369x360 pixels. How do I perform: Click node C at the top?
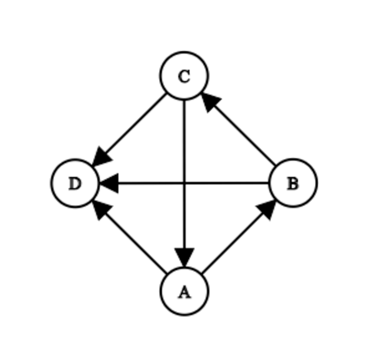click(184, 76)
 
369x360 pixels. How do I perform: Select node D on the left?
click(75, 183)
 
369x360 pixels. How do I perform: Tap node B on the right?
click(293, 183)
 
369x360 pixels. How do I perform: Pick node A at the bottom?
click(184, 291)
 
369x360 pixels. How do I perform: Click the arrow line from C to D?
click(130, 130)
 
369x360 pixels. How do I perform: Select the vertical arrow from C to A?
click(184, 184)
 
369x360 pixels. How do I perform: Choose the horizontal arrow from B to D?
click(184, 183)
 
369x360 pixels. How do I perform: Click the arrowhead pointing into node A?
click(184, 258)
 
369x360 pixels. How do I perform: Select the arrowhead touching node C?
click(211, 102)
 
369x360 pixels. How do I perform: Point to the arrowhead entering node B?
click(267, 209)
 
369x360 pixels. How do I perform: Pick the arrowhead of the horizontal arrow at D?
click(109, 183)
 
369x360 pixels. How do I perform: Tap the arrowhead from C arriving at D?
click(102, 157)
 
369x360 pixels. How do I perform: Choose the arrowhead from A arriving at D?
click(102, 210)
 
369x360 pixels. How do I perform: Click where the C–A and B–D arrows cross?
click(184, 183)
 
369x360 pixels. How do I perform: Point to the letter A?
click(184, 292)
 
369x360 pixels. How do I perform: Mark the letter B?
click(293, 183)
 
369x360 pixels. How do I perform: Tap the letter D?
click(75, 183)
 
